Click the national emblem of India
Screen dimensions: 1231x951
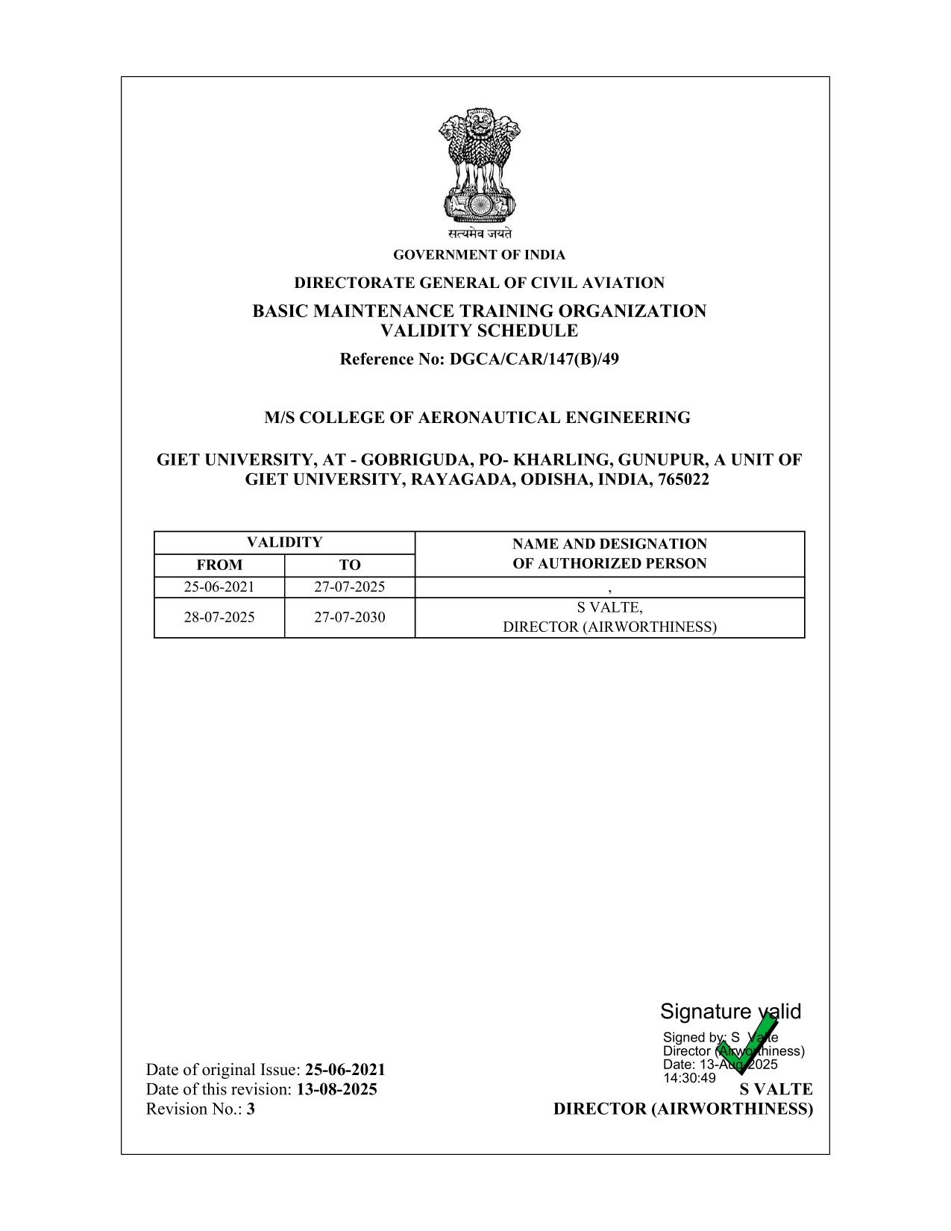tap(479, 167)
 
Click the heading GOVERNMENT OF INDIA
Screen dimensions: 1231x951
tap(479, 255)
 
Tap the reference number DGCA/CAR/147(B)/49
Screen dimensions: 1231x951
tap(534, 360)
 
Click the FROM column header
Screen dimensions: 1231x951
tap(219, 565)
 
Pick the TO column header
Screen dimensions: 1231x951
tap(350, 565)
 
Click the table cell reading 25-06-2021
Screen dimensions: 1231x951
tap(219, 587)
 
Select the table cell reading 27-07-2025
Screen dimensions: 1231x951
tap(350, 587)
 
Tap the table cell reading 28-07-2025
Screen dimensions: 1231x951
tap(219, 618)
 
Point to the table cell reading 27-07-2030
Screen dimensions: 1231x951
tap(350, 618)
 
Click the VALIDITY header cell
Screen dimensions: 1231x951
tap(284, 542)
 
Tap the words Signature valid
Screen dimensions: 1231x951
tap(729, 1012)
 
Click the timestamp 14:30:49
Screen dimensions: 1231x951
tap(689, 1078)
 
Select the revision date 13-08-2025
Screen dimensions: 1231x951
tap(337, 1089)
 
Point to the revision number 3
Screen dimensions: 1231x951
tap(251, 1109)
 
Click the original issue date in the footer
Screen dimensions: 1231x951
tap(345, 1070)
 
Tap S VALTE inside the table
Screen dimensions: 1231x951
tap(609, 607)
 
